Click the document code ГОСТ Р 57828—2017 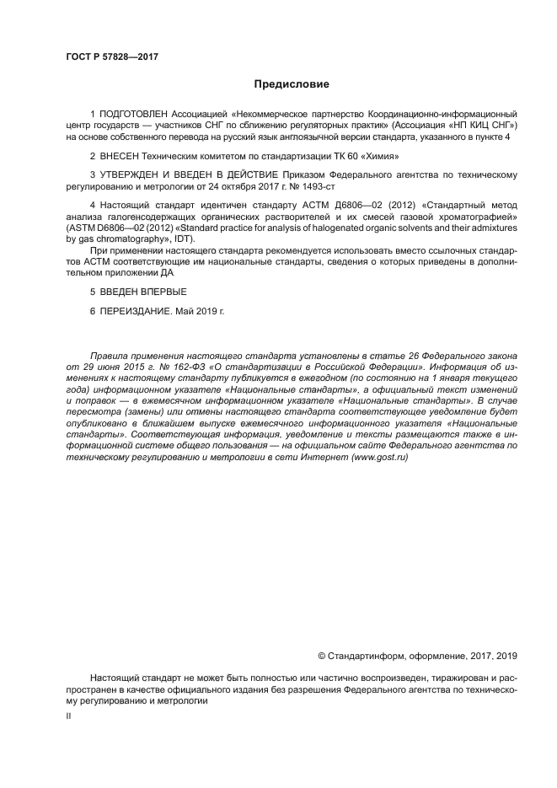coord(111,56)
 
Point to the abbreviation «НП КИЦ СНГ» coord(479,125)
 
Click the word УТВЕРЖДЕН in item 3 coord(134,174)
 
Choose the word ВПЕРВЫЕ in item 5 coord(158,292)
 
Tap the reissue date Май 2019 coord(201,310)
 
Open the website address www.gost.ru coord(379,455)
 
